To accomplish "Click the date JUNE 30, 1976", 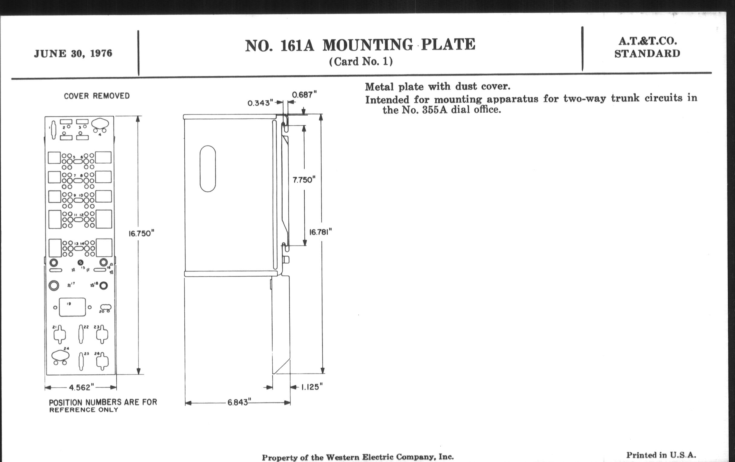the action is (x=73, y=53).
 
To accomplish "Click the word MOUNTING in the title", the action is (x=368, y=45).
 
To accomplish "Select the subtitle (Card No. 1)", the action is (x=361, y=62).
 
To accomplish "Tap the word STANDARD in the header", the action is (x=647, y=54).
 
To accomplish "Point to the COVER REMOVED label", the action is (x=97, y=96).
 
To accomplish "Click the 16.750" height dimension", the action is (x=141, y=234).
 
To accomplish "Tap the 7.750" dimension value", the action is (x=304, y=180).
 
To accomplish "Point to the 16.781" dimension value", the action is (x=320, y=233).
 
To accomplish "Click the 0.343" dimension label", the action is (x=260, y=103).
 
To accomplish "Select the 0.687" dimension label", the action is (x=304, y=95).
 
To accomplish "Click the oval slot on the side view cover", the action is (x=208, y=168).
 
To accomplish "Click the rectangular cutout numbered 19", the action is (x=72, y=307).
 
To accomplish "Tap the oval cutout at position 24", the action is (x=60, y=355).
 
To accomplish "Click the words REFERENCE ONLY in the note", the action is (x=84, y=410).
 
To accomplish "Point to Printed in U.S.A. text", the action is (x=661, y=455).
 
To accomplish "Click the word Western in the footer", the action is (x=342, y=457).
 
